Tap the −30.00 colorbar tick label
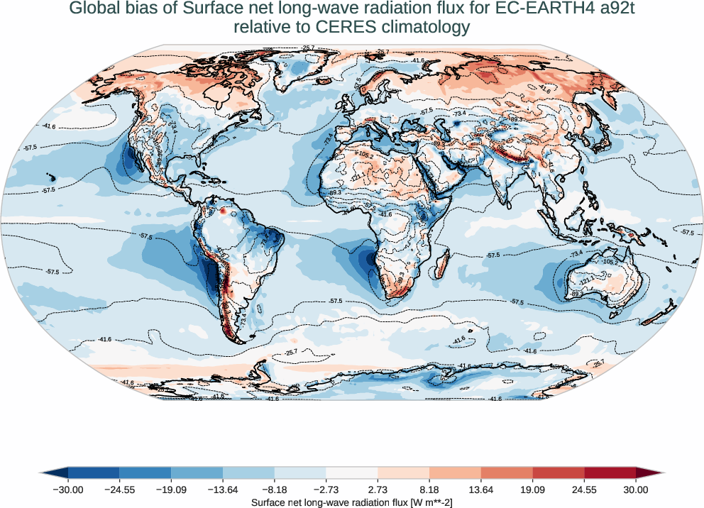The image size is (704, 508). (68, 490)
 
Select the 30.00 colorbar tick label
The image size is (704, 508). (636, 490)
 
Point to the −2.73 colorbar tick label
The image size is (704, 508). (326, 490)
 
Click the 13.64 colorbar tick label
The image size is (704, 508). (481, 490)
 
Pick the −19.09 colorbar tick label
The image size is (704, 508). (171, 490)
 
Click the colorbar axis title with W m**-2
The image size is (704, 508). (352, 502)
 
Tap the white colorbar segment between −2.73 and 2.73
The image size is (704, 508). (352, 472)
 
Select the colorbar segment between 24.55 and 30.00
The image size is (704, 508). (610, 472)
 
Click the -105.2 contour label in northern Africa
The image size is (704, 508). (365, 155)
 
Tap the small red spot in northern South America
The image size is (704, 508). (222, 211)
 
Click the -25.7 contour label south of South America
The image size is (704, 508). (290, 352)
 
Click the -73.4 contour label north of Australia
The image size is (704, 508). (576, 253)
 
